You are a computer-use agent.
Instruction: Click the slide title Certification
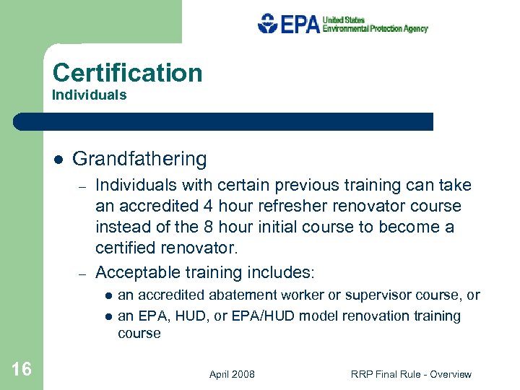click(x=128, y=73)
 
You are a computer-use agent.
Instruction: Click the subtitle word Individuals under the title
click(x=90, y=95)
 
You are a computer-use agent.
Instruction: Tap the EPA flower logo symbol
click(x=267, y=24)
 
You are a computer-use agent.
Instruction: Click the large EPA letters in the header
click(x=300, y=25)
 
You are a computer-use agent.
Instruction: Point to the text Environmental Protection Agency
click(x=375, y=29)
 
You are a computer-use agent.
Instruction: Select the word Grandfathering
click(x=139, y=159)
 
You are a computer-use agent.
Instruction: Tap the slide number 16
click(x=22, y=370)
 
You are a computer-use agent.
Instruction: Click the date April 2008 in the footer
click(x=232, y=374)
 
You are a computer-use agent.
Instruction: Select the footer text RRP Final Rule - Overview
click(x=411, y=374)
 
